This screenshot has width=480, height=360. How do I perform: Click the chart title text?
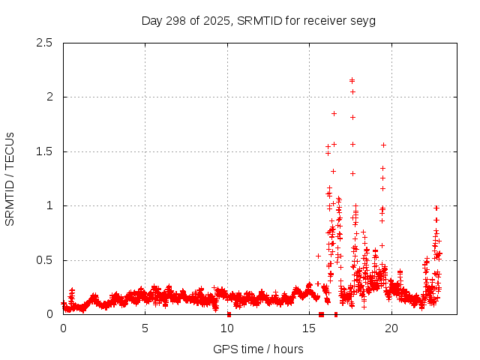pos(259,20)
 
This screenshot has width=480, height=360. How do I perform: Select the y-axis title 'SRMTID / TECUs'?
pos(10,178)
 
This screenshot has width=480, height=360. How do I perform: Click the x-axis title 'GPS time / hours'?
pos(259,349)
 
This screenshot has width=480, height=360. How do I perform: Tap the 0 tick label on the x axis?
pos(63,328)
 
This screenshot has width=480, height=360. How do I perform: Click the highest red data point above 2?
pos(352,80)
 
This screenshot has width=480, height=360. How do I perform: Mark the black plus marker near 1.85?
pos(334,113)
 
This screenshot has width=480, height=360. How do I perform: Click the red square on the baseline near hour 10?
pos(229,314)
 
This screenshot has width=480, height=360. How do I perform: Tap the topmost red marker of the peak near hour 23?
pos(436,208)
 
